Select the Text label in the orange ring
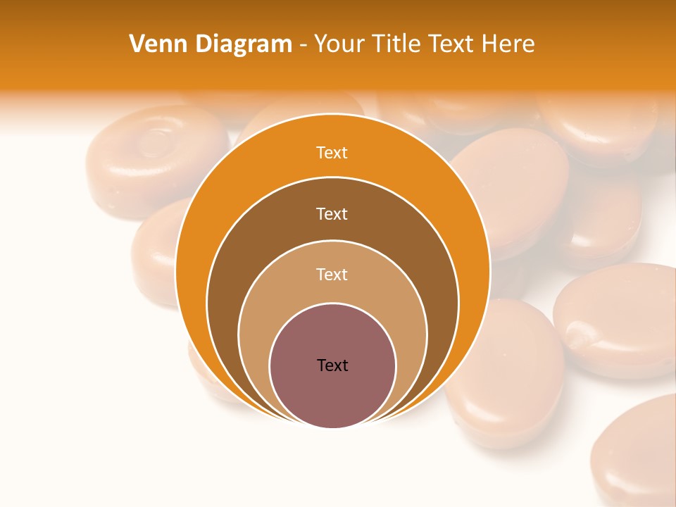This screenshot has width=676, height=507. [x=332, y=153]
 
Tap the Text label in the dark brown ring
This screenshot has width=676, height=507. [x=332, y=213]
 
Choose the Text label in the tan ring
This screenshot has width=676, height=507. [x=332, y=274]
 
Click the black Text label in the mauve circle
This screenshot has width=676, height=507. [x=332, y=365]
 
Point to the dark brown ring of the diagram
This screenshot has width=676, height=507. [x=232, y=282]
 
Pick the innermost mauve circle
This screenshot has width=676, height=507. [x=332, y=394]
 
